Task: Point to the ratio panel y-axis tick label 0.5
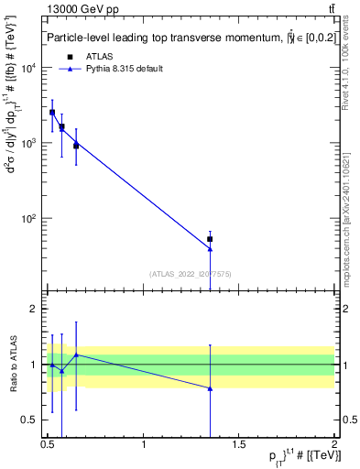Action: [x=31, y=420]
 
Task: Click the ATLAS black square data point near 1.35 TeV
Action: [x=211, y=239]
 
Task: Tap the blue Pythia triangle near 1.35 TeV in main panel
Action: [x=211, y=249]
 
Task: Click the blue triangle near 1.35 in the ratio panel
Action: [x=211, y=388]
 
